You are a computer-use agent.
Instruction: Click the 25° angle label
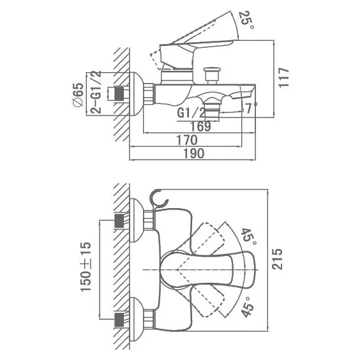[x=246, y=20]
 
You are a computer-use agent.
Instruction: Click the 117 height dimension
[x=283, y=77]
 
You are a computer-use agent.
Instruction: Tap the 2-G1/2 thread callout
[x=96, y=92]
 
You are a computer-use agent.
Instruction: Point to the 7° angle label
[x=251, y=108]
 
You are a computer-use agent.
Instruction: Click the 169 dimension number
[x=200, y=126]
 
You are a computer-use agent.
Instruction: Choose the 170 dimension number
[x=186, y=140]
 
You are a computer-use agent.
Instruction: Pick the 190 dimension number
[x=193, y=153]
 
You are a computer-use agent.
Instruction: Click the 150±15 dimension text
[x=86, y=266]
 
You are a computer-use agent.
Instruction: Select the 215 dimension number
[x=277, y=259]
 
